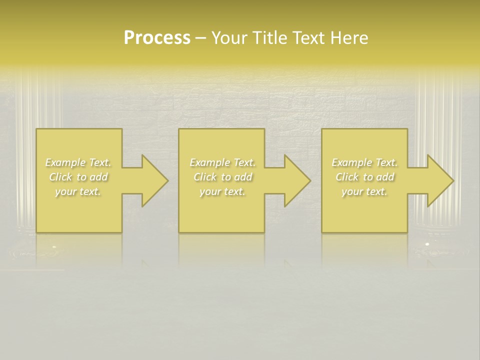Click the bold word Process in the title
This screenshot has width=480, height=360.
pos(157,38)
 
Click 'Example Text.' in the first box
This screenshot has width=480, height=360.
pos(78,162)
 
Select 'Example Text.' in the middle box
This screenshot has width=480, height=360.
pos(222,162)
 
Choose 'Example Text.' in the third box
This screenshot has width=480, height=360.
pos(364,162)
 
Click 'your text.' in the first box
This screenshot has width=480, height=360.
pos(78,191)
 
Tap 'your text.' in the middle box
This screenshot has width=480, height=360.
pos(222,191)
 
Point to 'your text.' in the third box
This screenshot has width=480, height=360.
pos(364,191)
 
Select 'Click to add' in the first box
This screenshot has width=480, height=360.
pos(78,177)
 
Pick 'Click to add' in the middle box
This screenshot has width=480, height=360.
pos(222,177)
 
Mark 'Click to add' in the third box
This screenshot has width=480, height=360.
pos(364,177)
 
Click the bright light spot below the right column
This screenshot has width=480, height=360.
pos(426,243)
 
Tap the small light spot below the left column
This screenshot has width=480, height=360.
pos(54,246)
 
